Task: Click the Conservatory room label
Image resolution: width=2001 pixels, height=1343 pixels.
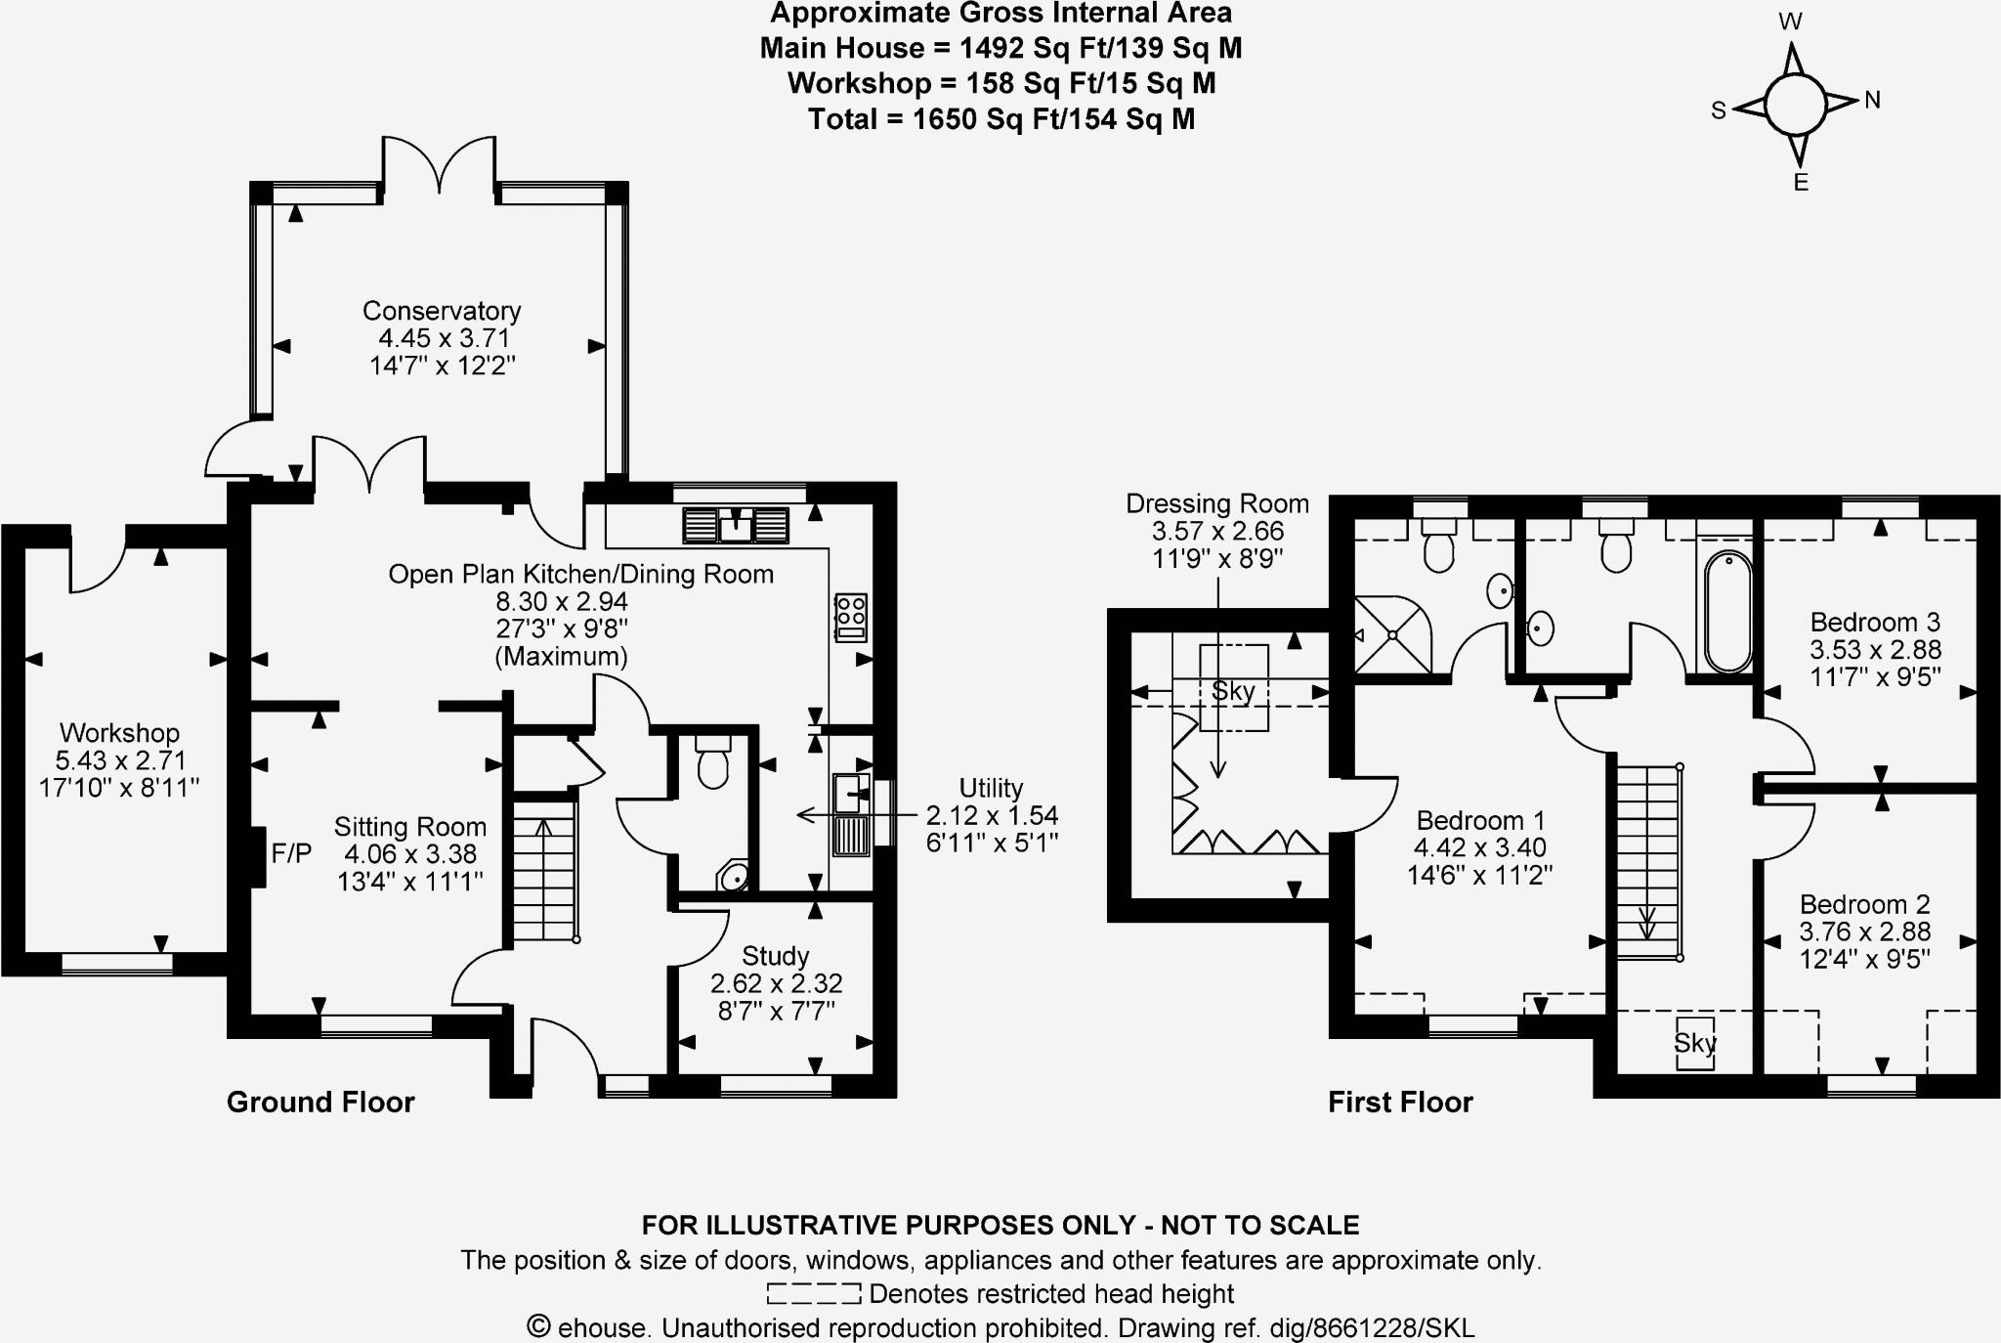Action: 442,311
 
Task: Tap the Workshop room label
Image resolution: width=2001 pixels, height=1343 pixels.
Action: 119,733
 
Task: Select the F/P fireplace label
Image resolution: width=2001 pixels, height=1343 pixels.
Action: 291,854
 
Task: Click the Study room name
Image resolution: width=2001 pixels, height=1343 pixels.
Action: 775,956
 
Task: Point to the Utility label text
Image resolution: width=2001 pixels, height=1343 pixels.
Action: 991,788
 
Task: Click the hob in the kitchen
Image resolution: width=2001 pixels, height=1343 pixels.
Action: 850,618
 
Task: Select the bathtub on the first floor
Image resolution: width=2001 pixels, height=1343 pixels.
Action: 1728,612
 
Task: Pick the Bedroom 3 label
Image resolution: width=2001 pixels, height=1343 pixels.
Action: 1875,623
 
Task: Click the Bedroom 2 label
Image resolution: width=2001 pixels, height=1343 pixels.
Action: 1864,905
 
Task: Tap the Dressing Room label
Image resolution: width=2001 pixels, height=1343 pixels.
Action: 1216,504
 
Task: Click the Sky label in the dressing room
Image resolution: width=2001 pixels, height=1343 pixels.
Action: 1233,692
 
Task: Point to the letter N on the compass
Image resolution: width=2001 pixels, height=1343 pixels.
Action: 1872,100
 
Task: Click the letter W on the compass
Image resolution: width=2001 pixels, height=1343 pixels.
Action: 1790,22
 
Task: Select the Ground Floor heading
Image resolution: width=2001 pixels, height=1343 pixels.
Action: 320,1103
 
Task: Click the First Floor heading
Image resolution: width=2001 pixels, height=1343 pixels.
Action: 1400,1103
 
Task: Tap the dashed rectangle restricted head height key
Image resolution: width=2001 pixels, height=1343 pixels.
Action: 813,1294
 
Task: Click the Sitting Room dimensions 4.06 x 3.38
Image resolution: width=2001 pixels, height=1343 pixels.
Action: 410,854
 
